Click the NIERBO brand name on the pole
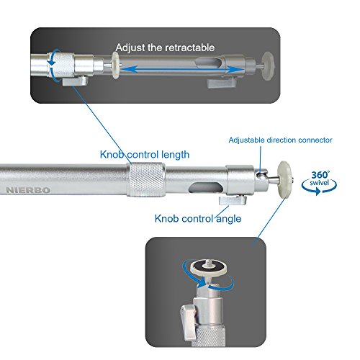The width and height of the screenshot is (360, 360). [x=28, y=190]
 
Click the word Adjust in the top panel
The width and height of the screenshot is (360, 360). [x=130, y=48]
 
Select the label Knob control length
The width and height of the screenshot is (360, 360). [x=145, y=155]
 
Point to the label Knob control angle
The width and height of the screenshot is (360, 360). [x=198, y=219]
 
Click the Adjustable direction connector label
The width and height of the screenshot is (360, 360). [x=280, y=140]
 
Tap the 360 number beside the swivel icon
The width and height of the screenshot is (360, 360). [x=320, y=175]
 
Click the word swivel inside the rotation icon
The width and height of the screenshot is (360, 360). [x=319, y=183]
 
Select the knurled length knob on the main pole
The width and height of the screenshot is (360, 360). [x=145, y=179]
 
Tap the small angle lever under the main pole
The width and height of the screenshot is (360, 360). [x=233, y=200]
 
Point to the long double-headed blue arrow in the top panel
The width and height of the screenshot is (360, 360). [x=181, y=69]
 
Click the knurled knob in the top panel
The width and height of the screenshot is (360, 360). [x=61, y=66]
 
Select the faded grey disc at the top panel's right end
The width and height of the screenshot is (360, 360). [x=269, y=66]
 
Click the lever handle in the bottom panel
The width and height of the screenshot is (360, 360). [x=189, y=322]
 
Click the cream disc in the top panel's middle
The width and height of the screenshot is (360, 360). [x=116, y=66]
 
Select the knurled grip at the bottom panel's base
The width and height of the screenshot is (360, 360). [x=208, y=336]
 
